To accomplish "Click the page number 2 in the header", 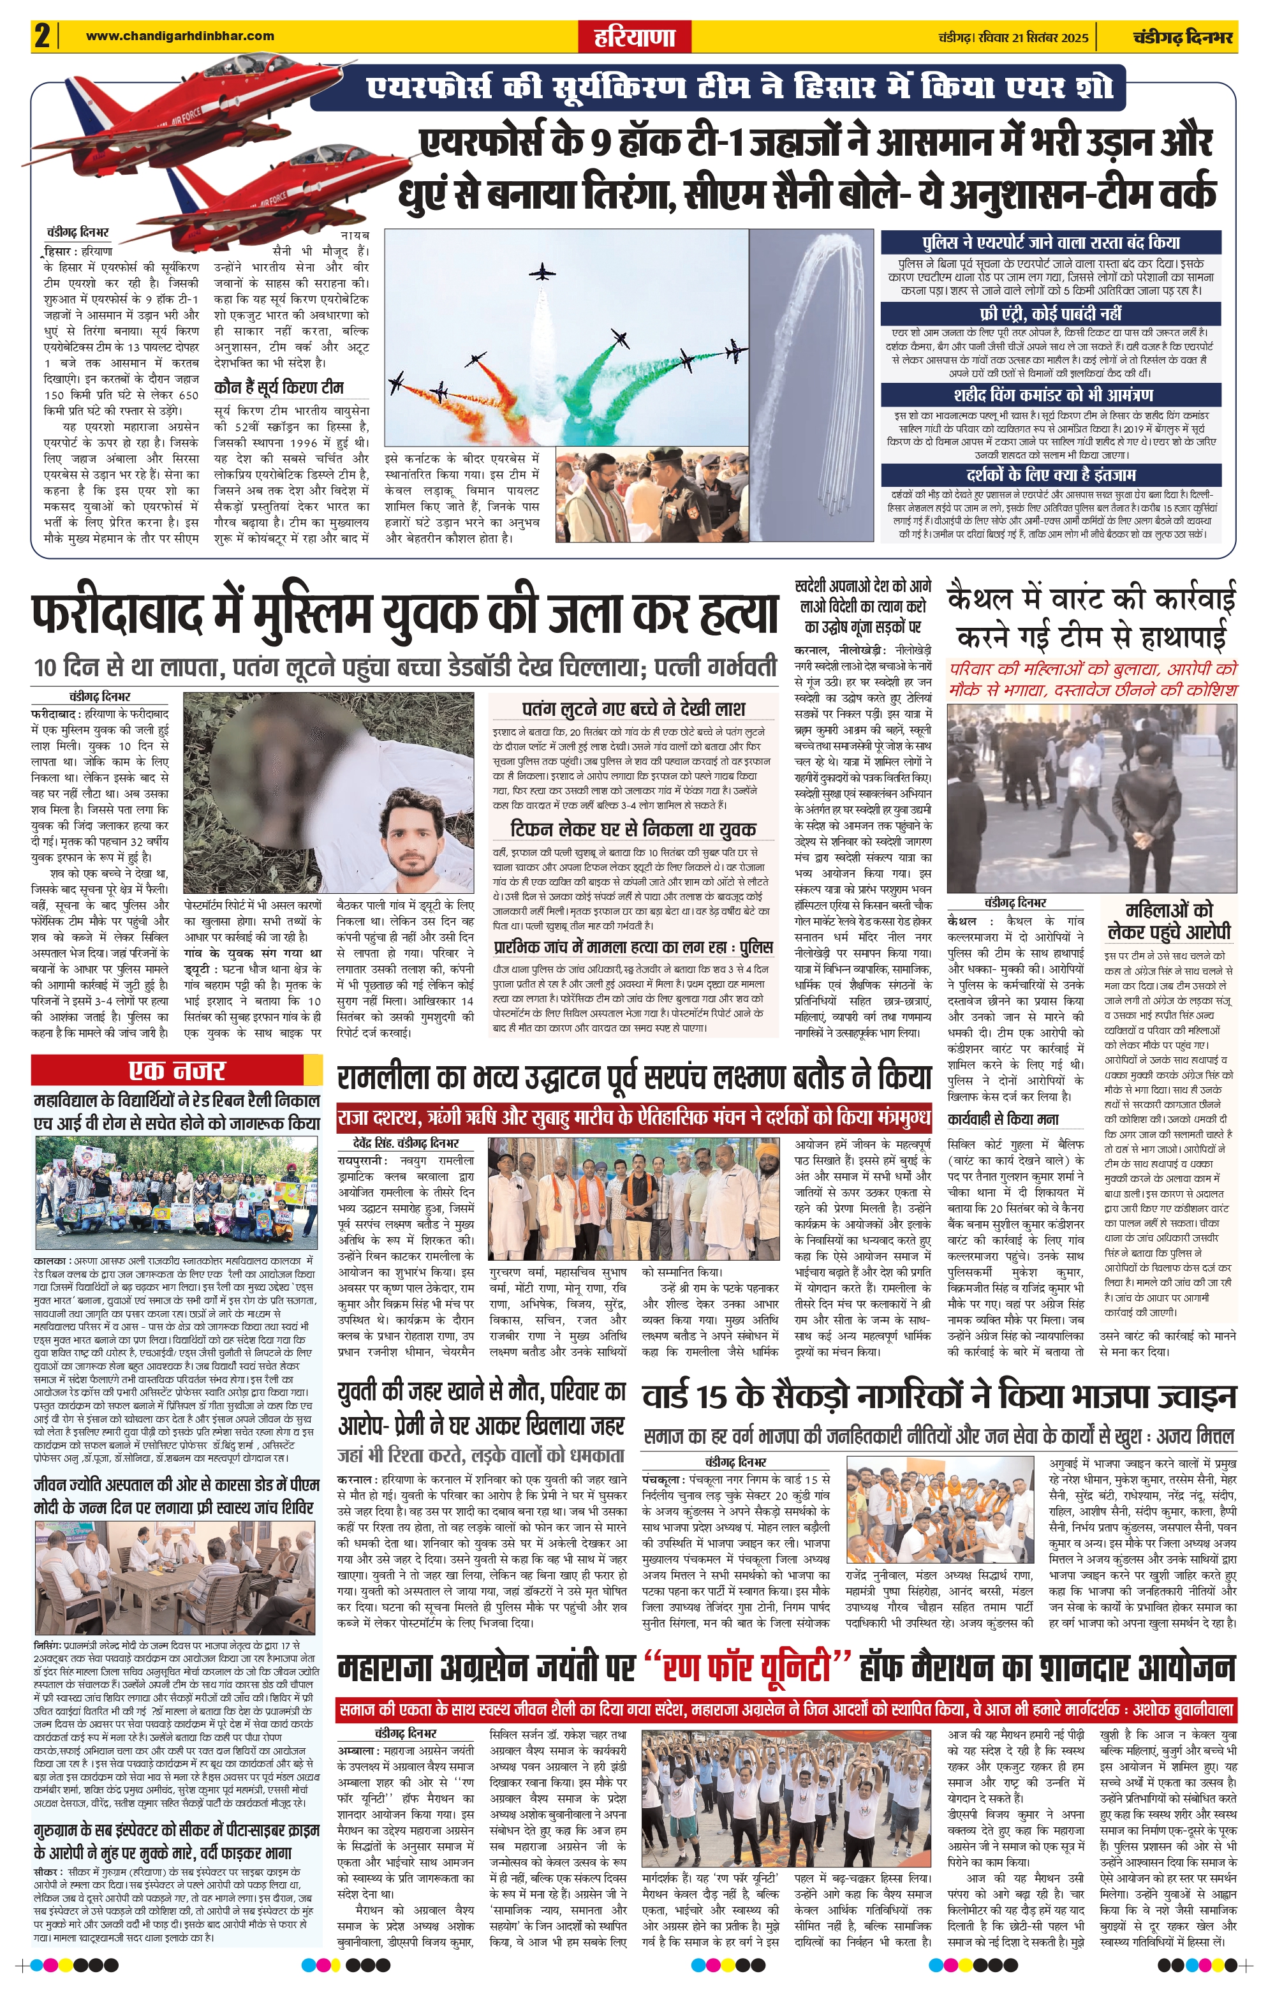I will pos(42,37).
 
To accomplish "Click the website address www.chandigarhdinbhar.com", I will pos(180,36).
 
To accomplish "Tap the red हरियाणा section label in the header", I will pos(633,37).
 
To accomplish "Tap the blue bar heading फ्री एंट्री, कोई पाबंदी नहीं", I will pos(1050,313).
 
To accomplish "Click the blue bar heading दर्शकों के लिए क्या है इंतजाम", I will pos(1050,475).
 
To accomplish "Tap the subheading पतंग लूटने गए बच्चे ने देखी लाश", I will pos(633,708).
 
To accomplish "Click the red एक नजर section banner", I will pos(176,1070).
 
